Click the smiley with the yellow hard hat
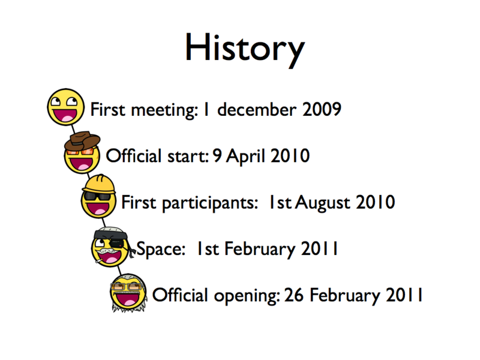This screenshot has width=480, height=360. point(99,199)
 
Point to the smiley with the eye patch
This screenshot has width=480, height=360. point(112,247)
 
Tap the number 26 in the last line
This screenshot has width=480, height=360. point(295,295)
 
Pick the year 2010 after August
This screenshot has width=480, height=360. point(375,203)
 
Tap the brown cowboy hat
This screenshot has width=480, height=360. point(83,140)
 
